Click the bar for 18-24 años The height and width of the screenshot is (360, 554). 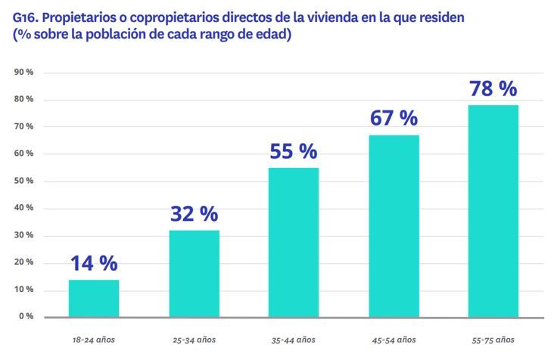click(x=94, y=298)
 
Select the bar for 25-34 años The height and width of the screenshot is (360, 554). click(x=194, y=273)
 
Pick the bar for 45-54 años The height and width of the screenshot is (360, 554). click(x=394, y=225)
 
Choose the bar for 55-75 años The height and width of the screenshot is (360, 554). click(x=493, y=211)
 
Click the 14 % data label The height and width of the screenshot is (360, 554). click(x=94, y=263)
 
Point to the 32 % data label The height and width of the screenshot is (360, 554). click(x=194, y=214)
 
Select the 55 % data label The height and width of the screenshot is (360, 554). click(x=294, y=151)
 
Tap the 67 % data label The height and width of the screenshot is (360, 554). click(x=394, y=119)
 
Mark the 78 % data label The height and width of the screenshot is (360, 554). click(x=493, y=88)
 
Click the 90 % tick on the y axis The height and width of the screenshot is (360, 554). click(x=23, y=73)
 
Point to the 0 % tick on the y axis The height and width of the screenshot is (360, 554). click(x=26, y=316)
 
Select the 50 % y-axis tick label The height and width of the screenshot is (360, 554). click(x=23, y=181)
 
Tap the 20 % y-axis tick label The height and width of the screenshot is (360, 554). click(x=23, y=262)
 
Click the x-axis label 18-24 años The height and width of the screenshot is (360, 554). click(x=94, y=340)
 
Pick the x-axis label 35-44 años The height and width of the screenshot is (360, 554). click(x=294, y=340)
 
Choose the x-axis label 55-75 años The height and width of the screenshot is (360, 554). click(x=493, y=340)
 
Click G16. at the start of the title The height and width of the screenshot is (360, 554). click(x=29, y=17)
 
